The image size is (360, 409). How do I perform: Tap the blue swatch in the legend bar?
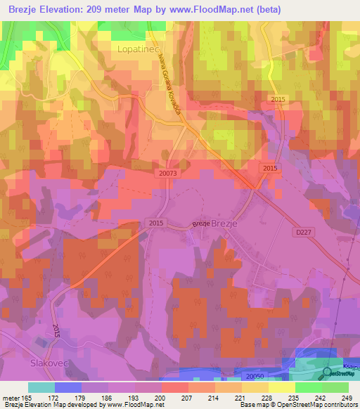(68, 387)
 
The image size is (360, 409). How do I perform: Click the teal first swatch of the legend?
(41, 387)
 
